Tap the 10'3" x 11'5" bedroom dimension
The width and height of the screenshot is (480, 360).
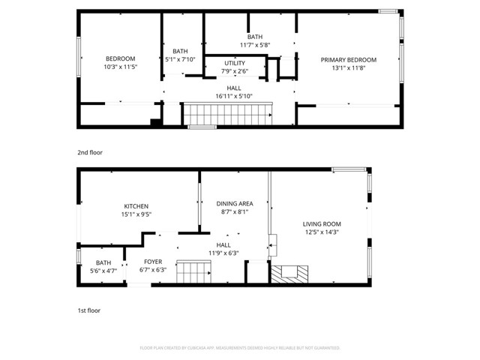pyautogui.click(x=120, y=67)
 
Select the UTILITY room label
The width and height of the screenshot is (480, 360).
pyautogui.click(x=234, y=64)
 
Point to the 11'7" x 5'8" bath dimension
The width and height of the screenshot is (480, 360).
pyautogui.click(x=255, y=44)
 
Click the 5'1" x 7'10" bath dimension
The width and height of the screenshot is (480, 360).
pyautogui.click(x=180, y=59)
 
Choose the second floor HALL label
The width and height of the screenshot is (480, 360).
pyautogui.click(x=234, y=88)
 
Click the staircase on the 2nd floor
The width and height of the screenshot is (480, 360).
pyautogui.click(x=228, y=115)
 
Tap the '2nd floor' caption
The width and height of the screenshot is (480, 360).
pyautogui.click(x=89, y=152)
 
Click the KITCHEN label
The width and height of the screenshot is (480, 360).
pyautogui.click(x=136, y=206)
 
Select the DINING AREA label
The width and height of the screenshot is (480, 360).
pyautogui.click(x=234, y=203)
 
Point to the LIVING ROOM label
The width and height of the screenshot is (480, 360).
pyautogui.click(x=322, y=223)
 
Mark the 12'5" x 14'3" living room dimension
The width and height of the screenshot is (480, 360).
pyautogui.click(x=322, y=232)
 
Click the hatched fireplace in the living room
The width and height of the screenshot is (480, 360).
pyautogui.click(x=289, y=275)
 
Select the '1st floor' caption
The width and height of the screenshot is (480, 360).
pyautogui.click(x=88, y=310)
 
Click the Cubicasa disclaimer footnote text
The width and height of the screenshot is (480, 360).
pyautogui.click(x=240, y=348)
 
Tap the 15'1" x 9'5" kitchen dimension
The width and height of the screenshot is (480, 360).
pyautogui.click(x=136, y=214)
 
